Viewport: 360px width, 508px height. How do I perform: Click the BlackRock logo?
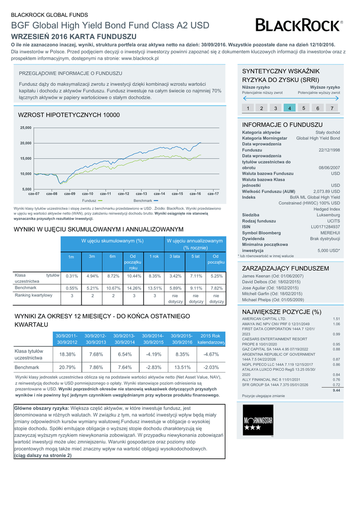(298, 25)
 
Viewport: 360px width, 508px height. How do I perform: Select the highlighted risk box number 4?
(289, 108)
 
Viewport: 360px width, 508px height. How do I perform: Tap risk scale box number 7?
(332, 108)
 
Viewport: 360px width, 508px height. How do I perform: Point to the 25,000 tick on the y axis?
(25, 127)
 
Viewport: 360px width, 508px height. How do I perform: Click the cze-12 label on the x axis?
(124, 193)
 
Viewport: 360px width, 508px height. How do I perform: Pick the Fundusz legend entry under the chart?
(91, 200)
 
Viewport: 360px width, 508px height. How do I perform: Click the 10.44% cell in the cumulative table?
(134, 276)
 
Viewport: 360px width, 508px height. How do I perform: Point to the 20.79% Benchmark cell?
(67, 368)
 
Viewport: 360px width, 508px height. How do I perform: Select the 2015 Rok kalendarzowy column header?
(211, 339)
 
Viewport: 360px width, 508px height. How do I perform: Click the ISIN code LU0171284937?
(325, 226)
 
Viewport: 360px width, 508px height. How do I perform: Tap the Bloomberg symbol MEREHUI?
(330, 233)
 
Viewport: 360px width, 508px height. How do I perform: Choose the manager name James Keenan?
(271, 276)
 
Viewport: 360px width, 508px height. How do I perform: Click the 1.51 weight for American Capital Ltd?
(336, 318)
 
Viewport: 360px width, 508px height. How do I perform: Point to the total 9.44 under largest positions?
(336, 390)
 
